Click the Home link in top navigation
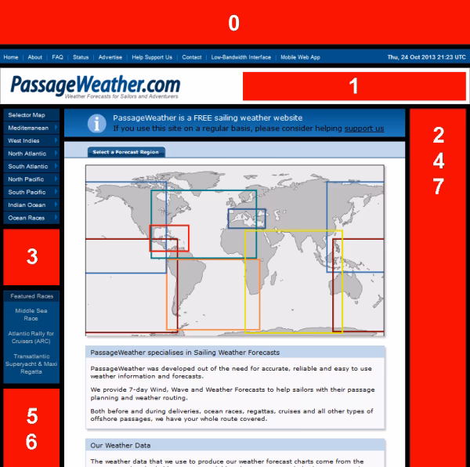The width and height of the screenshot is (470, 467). click(x=11, y=57)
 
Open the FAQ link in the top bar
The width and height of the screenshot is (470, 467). click(x=57, y=57)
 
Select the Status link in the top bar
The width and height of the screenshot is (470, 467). click(x=81, y=57)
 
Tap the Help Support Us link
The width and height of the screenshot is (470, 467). click(x=152, y=57)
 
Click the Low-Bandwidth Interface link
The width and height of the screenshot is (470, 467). click(x=240, y=57)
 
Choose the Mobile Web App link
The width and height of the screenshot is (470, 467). click(x=300, y=57)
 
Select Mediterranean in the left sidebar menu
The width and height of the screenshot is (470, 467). click(x=29, y=128)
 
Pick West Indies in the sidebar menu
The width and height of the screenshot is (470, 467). click(x=24, y=141)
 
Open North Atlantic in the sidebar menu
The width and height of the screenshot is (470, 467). click(x=27, y=154)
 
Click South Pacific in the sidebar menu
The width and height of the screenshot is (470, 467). click(x=27, y=192)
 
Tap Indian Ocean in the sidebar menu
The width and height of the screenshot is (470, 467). click(x=27, y=205)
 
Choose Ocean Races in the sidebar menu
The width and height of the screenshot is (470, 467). click(x=26, y=218)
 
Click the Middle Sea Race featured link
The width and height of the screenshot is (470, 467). click(x=31, y=314)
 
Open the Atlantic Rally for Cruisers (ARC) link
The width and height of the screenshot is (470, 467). click(x=31, y=338)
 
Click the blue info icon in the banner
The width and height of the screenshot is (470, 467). click(x=96, y=123)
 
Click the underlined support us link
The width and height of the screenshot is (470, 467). click(x=363, y=129)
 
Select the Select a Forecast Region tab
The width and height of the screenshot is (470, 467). click(x=114, y=152)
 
